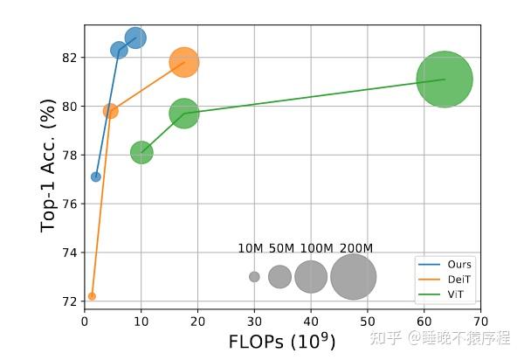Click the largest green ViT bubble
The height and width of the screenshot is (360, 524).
pyautogui.click(x=445, y=80)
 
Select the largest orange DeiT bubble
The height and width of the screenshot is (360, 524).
pyautogui.click(x=183, y=62)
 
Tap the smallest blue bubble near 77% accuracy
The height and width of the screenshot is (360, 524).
pyautogui.click(x=96, y=177)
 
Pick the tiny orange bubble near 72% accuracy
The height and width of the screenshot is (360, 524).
pyautogui.click(x=92, y=296)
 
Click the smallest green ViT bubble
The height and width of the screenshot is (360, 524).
pyautogui.click(x=141, y=152)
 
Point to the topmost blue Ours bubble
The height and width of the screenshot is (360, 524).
pyautogui.click(x=135, y=38)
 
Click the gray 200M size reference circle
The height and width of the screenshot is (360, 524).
pyautogui.click(x=354, y=277)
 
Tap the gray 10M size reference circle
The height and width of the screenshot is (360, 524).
pyautogui.click(x=254, y=277)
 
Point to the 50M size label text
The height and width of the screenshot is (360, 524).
pyautogui.click(x=281, y=248)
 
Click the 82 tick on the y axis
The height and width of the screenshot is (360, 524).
pyautogui.click(x=70, y=58)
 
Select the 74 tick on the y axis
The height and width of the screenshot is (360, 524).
pyautogui.click(x=70, y=253)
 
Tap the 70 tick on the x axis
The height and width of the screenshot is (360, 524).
pyautogui.click(x=480, y=321)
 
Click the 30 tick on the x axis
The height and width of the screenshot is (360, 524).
pyautogui.click(x=254, y=321)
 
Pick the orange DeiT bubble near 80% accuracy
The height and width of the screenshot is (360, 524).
pyautogui.click(x=111, y=111)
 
